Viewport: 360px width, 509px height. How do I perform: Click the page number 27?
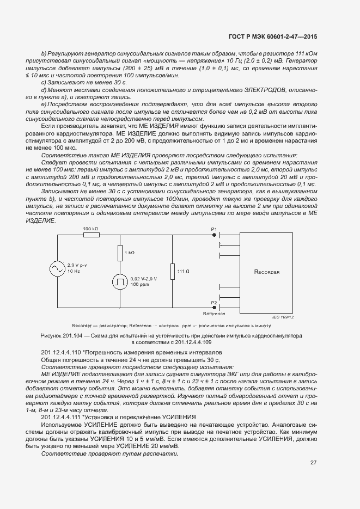coord(313,463)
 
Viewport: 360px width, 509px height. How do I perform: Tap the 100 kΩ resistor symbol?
coord(90,235)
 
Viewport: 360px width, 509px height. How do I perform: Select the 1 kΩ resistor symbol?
coord(120,253)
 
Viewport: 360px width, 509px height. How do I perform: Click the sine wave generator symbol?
coord(57,268)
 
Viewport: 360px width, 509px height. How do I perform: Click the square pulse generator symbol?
coord(120,281)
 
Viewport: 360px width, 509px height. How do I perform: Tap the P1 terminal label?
coord(213,229)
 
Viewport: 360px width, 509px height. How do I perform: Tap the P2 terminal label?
coord(213,303)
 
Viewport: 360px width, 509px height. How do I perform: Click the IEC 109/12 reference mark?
coord(298,316)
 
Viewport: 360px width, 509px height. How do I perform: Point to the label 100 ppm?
coord(139,284)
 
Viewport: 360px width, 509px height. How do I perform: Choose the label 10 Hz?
coord(74,271)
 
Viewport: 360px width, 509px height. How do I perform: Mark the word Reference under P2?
coord(214,314)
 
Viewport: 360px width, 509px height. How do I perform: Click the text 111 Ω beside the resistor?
coord(184,271)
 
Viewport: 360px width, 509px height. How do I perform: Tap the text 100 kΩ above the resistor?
coord(90,229)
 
